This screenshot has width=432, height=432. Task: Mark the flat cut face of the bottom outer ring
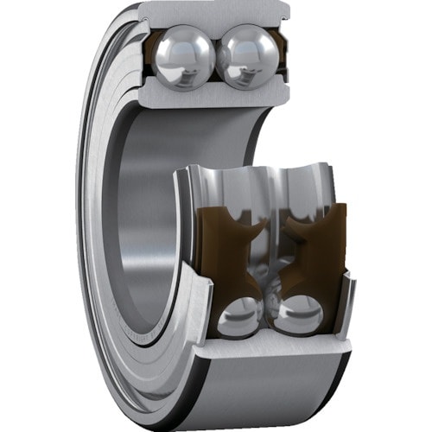coord(268,346)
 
